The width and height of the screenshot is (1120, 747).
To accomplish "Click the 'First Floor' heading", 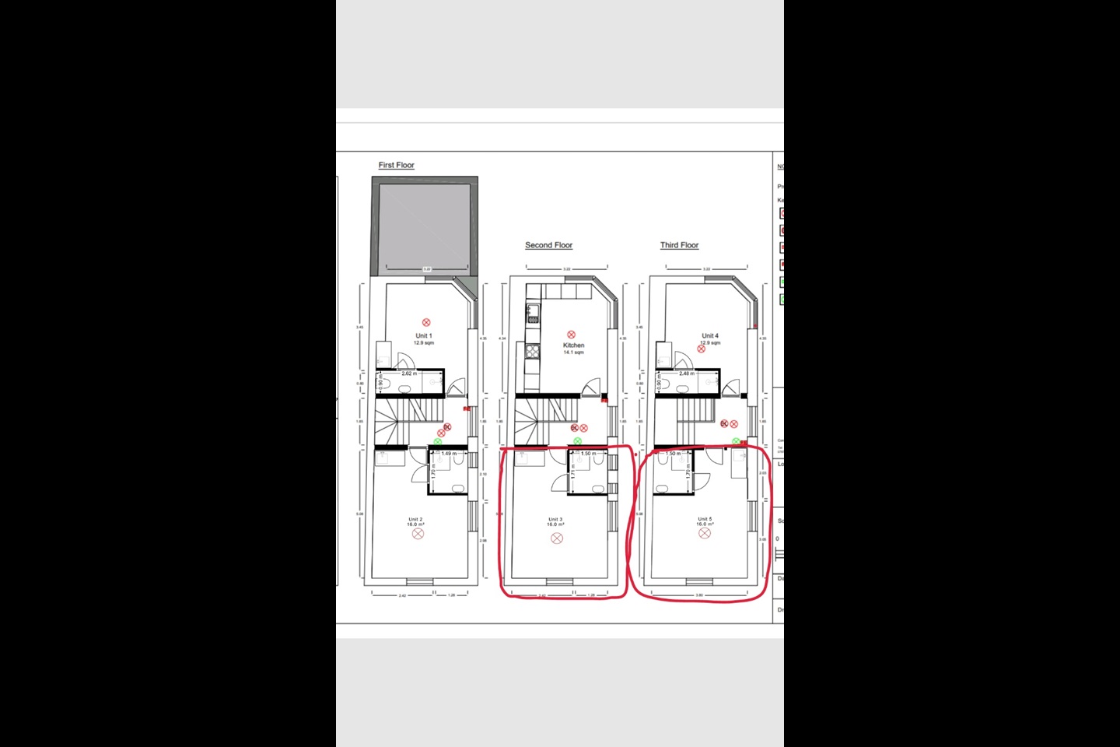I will click(x=396, y=165).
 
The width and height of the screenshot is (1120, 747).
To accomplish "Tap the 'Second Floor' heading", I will click(x=548, y=245).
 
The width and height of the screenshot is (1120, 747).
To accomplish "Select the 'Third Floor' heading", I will click(x=679, y=245).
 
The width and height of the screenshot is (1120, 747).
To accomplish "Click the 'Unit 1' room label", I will click(x=424, y=336).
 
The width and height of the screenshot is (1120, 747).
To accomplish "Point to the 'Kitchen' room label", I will click(x=573, y=345).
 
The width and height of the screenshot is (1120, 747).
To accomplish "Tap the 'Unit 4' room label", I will click(x=710, y=336).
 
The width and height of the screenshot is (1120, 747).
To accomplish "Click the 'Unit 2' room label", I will click(x=415, y=519).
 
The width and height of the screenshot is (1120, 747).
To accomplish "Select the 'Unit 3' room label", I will click(x=555, y=519).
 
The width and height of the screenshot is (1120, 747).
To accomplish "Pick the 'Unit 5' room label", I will click(x=705, y=519).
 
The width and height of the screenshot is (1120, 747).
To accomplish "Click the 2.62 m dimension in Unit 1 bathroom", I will click(x=408, y=373).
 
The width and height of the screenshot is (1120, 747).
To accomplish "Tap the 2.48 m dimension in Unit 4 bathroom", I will click(x=686, y=373).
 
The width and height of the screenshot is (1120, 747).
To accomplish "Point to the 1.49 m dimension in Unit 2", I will click(x=449, y=454).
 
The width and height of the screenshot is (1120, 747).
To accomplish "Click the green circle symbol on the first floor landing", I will click(x=437, y=441).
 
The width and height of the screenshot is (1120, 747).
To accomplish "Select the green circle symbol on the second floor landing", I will click(x=577, y=441).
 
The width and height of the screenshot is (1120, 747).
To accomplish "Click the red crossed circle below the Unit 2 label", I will click(x=418, y=535).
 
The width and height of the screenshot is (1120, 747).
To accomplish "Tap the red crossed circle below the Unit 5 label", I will click(x=705, y=534).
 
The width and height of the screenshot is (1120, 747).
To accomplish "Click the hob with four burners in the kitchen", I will click(x=533, y=352).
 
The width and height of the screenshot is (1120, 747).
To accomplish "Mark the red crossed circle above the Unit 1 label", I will click(x=426, y=322).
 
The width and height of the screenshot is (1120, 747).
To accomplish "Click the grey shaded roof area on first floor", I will click(x=424, y=226).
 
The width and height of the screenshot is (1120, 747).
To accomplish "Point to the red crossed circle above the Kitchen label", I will click(x=572, y=334).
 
